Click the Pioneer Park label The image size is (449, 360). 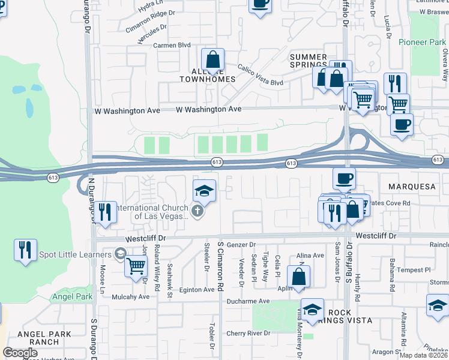[x=423, y=43]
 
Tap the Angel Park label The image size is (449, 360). [x=72, y=296]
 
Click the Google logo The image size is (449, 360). [x=20, y=353]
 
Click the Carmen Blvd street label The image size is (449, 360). [x=172, y=45]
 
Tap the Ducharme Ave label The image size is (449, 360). [x=247, y=301]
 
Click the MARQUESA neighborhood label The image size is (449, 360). [x=412, y=187]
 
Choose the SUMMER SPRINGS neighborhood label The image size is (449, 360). [x=309, y=61]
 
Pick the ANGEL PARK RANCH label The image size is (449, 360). [x=38, y=338]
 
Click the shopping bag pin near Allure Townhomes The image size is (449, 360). [x=212, y=60]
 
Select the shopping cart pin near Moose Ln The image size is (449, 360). [x=136, y=265]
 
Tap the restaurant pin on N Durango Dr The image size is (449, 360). [x=105, y=212]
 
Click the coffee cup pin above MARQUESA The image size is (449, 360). [x=344, y=178]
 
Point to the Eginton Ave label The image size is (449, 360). [x=196, y=290]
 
